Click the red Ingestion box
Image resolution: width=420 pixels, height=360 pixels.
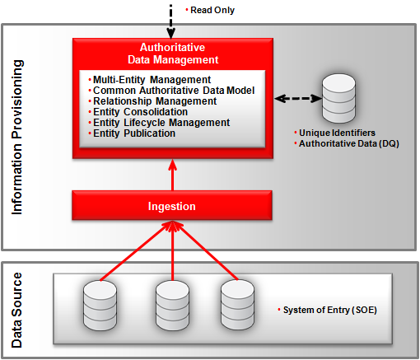pos(172,204)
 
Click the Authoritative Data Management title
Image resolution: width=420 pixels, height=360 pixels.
pos(173,54)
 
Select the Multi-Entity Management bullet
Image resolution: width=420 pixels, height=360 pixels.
pos(145,80)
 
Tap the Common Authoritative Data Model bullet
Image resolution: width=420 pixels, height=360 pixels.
pos(173,91)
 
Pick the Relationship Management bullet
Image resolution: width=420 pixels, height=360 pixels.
pos(154,101)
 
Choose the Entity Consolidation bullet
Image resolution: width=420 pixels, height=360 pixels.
pos(142,112)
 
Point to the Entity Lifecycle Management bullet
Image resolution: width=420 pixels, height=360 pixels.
pos(161,123)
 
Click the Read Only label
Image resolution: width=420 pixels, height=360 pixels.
pos(212,10)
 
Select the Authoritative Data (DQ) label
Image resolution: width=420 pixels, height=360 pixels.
pos(344,144)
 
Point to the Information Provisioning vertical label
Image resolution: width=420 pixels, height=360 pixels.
pos(18,137)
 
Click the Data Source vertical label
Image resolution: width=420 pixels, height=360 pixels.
pos(18,308)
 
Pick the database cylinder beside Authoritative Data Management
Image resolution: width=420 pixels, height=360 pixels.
pos(338,98)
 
